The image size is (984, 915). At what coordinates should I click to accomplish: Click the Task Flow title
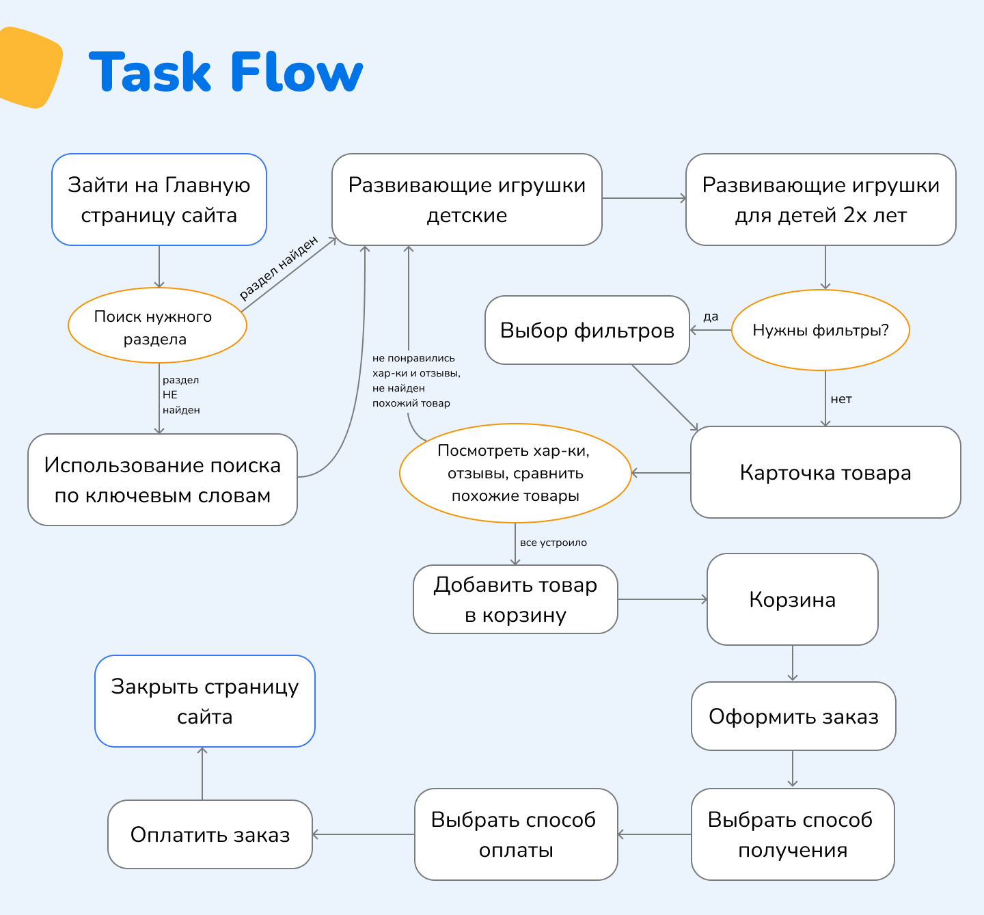[x=225, y=72]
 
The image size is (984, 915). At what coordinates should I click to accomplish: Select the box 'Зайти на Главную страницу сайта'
[x=159, y=200]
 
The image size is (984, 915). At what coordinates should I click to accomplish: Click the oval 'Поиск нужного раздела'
[x=157, y=325]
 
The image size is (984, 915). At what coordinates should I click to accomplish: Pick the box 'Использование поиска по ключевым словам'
[x=163, y=480]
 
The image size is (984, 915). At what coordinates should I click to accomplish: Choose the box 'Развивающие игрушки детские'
[x=467, y=200]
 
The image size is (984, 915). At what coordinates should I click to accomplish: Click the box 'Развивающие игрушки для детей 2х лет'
[x=821, y=200]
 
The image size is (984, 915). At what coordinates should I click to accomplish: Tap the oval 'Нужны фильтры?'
[x=821, y=331]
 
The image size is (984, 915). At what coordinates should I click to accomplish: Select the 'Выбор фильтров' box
[x=587, y=331]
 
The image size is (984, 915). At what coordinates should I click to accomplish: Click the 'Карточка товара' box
[x=825, y=473]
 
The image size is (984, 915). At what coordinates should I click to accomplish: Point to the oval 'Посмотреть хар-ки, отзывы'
[x=515, y=473]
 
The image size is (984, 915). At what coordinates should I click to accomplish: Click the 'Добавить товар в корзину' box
[x=515, y=599]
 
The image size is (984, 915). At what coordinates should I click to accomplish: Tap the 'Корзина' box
[x=793, y=599]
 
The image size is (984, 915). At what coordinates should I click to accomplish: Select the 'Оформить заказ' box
[x=793, y=716]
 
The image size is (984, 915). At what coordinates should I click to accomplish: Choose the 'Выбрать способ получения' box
[x=793, y=834]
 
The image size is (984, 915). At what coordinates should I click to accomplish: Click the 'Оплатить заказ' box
[x=210, y=834]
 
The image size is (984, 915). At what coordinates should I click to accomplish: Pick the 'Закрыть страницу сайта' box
[x=205, y=701]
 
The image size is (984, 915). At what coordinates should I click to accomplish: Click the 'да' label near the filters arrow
[x=711, y=316]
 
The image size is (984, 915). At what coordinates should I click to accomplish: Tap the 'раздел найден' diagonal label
[x=279, y=268]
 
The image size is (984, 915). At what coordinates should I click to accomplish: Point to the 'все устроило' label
[x=553, y=543]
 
